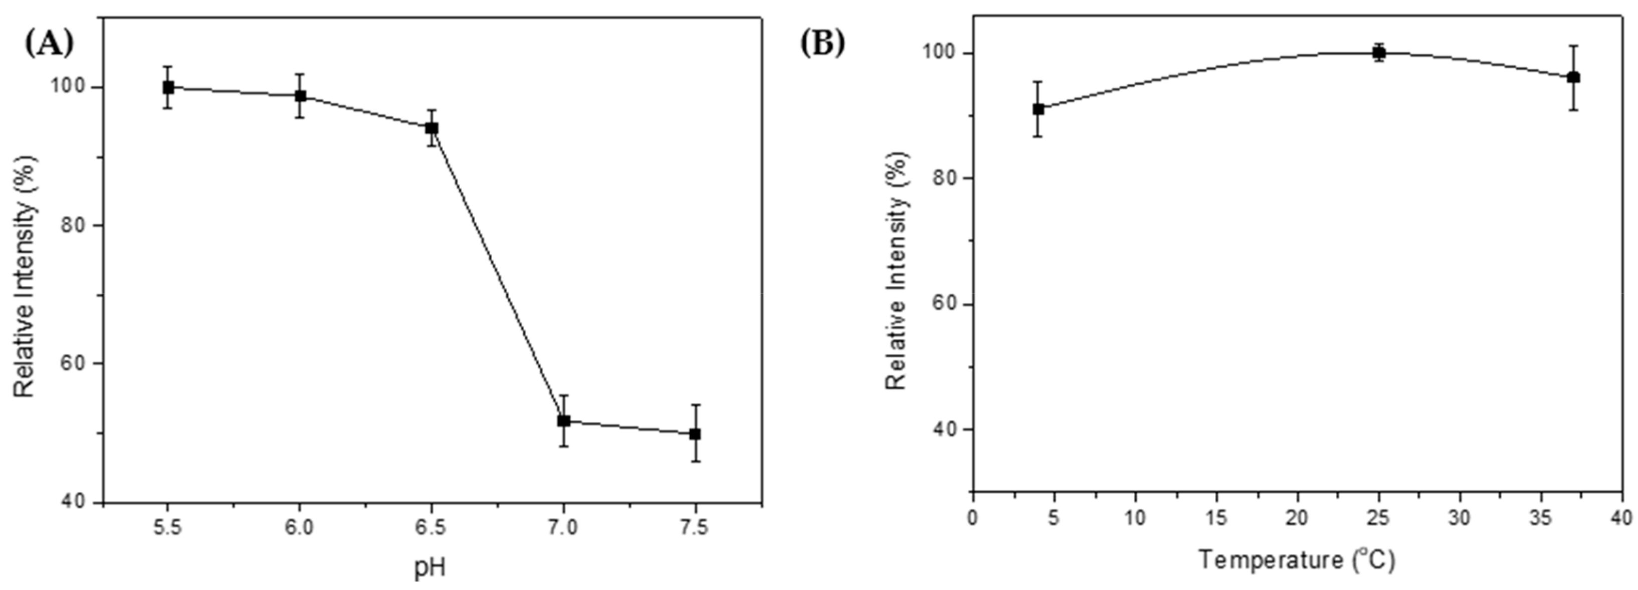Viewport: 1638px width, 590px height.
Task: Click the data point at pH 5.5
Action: [x=168, y=87]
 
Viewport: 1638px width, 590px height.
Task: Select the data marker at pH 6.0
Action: [x=300, y=96]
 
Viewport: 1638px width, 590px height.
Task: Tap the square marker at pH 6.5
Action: [x=432, y=128]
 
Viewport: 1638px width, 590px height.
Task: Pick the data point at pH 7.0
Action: [x=563, y=421]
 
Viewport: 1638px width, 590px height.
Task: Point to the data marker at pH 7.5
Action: [x=695, y=434]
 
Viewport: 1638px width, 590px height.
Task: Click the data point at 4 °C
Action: [x=1039, y=109]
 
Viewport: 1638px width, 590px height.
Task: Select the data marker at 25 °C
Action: [x=1378, y=53]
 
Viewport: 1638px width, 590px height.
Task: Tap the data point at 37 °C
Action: [x=1574, y=78]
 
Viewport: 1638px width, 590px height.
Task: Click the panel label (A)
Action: [x=49, y=43]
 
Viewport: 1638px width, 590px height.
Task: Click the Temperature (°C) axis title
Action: [x=1297, y=560]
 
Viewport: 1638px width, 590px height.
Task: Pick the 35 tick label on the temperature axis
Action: [x=1540, y=517]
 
